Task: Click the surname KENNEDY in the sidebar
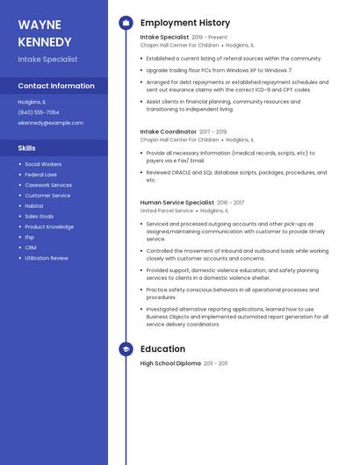45,41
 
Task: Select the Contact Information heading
56,86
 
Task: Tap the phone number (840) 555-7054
39,112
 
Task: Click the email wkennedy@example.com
51,123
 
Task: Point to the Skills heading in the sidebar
27,148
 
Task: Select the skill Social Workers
43,164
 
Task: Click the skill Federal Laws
40,175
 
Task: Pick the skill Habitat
34,205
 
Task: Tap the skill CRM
31,247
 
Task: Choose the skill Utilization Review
47,258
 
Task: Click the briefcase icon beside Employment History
126,23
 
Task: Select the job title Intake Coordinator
168,132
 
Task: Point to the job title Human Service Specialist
176,203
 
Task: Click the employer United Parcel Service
167,211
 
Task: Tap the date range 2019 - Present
209,38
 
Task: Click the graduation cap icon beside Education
126,349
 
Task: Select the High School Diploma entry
170,363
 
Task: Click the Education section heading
162,349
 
